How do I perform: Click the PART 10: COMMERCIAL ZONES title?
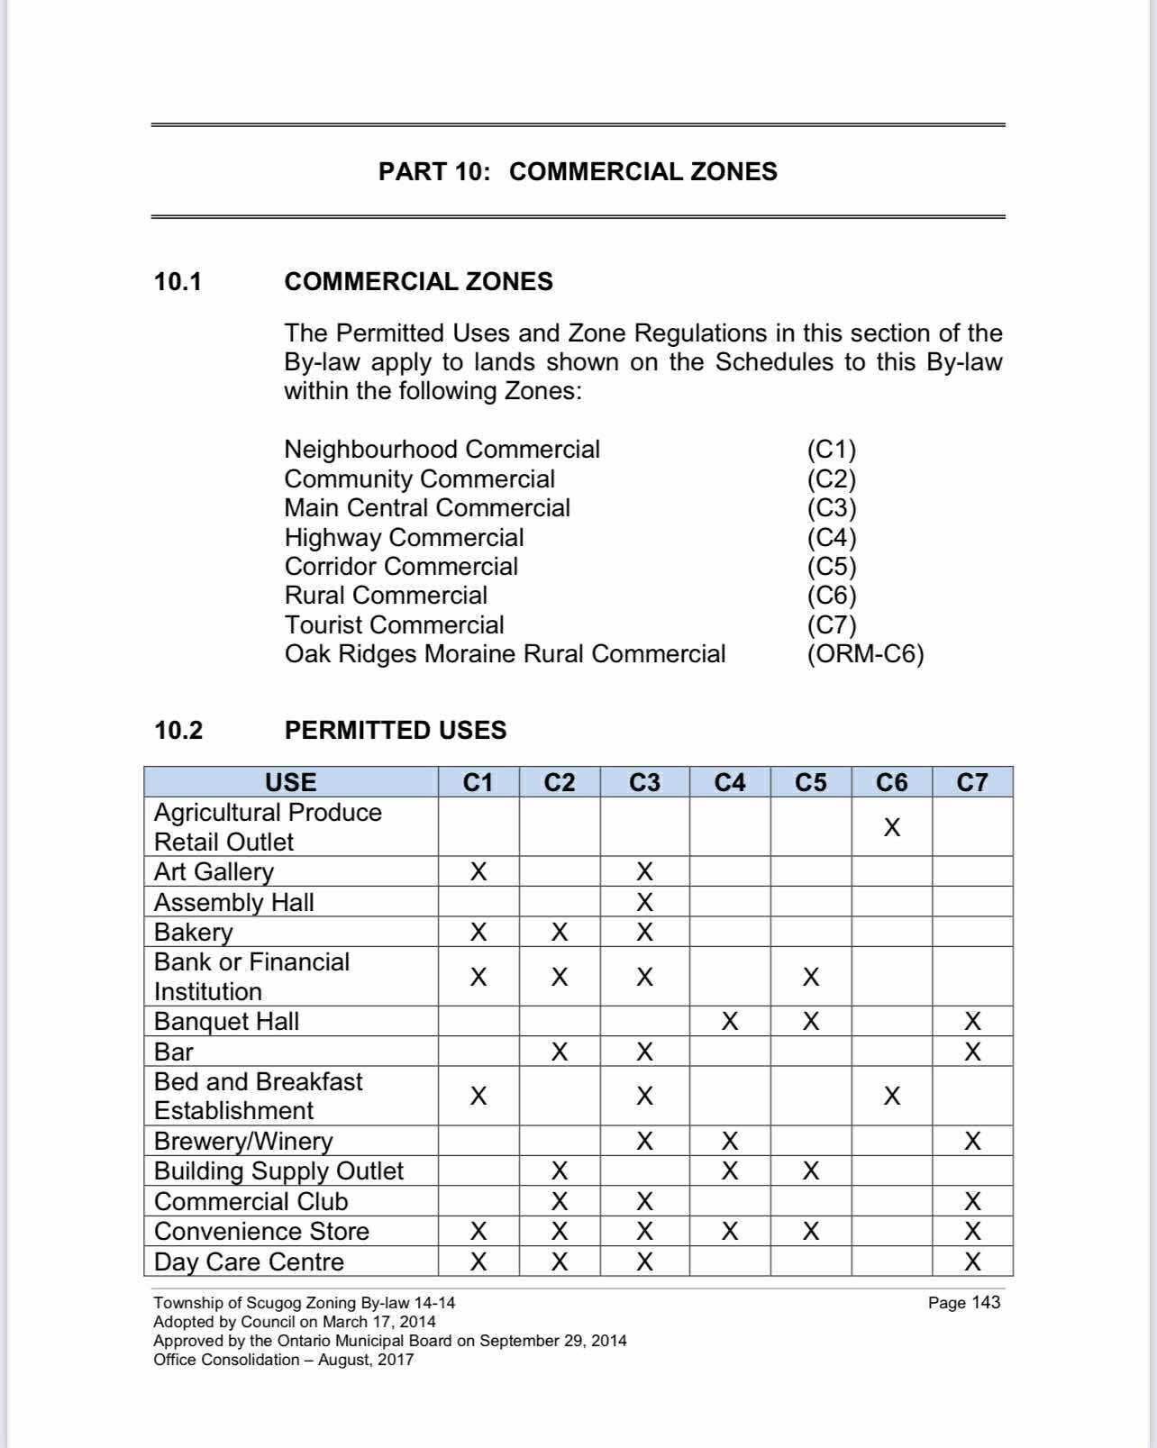[578, 171]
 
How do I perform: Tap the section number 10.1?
[178, 282]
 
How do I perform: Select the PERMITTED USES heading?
[396, 730]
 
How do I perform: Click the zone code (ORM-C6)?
[865, 654]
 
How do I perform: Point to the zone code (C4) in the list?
[831, 538]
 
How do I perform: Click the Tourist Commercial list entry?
[394, 625]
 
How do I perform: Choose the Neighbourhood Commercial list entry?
[442, 450]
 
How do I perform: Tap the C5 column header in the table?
[810, 782]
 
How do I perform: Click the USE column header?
[290, 782]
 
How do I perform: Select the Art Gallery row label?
[214, 871]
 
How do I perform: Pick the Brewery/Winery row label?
[243, 1141]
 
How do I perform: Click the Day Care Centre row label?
[249, 1261]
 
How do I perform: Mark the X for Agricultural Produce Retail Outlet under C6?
[891, 827]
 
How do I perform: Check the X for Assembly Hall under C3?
[644, 902]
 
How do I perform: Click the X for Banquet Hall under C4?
[729, 1021]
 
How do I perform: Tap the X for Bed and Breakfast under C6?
[891, 1096]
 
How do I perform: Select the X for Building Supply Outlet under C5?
[810, 1170]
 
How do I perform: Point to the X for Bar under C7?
[972, 1052]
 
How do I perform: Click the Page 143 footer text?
[963, 1302]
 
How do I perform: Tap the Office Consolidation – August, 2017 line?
[283, 1360]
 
